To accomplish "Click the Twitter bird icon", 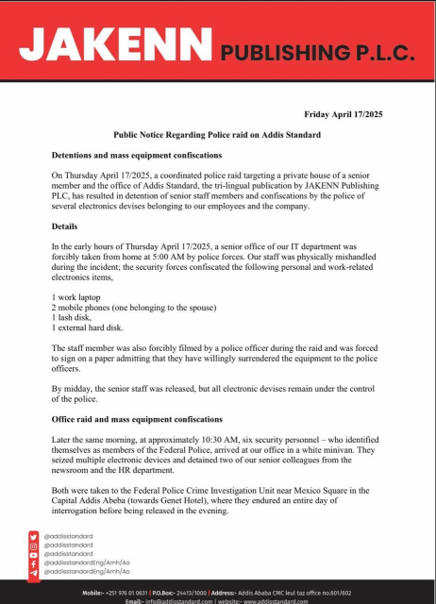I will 34,535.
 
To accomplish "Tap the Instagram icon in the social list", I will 34,545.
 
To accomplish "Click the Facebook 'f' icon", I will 34,563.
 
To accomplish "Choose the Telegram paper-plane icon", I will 34,573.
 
